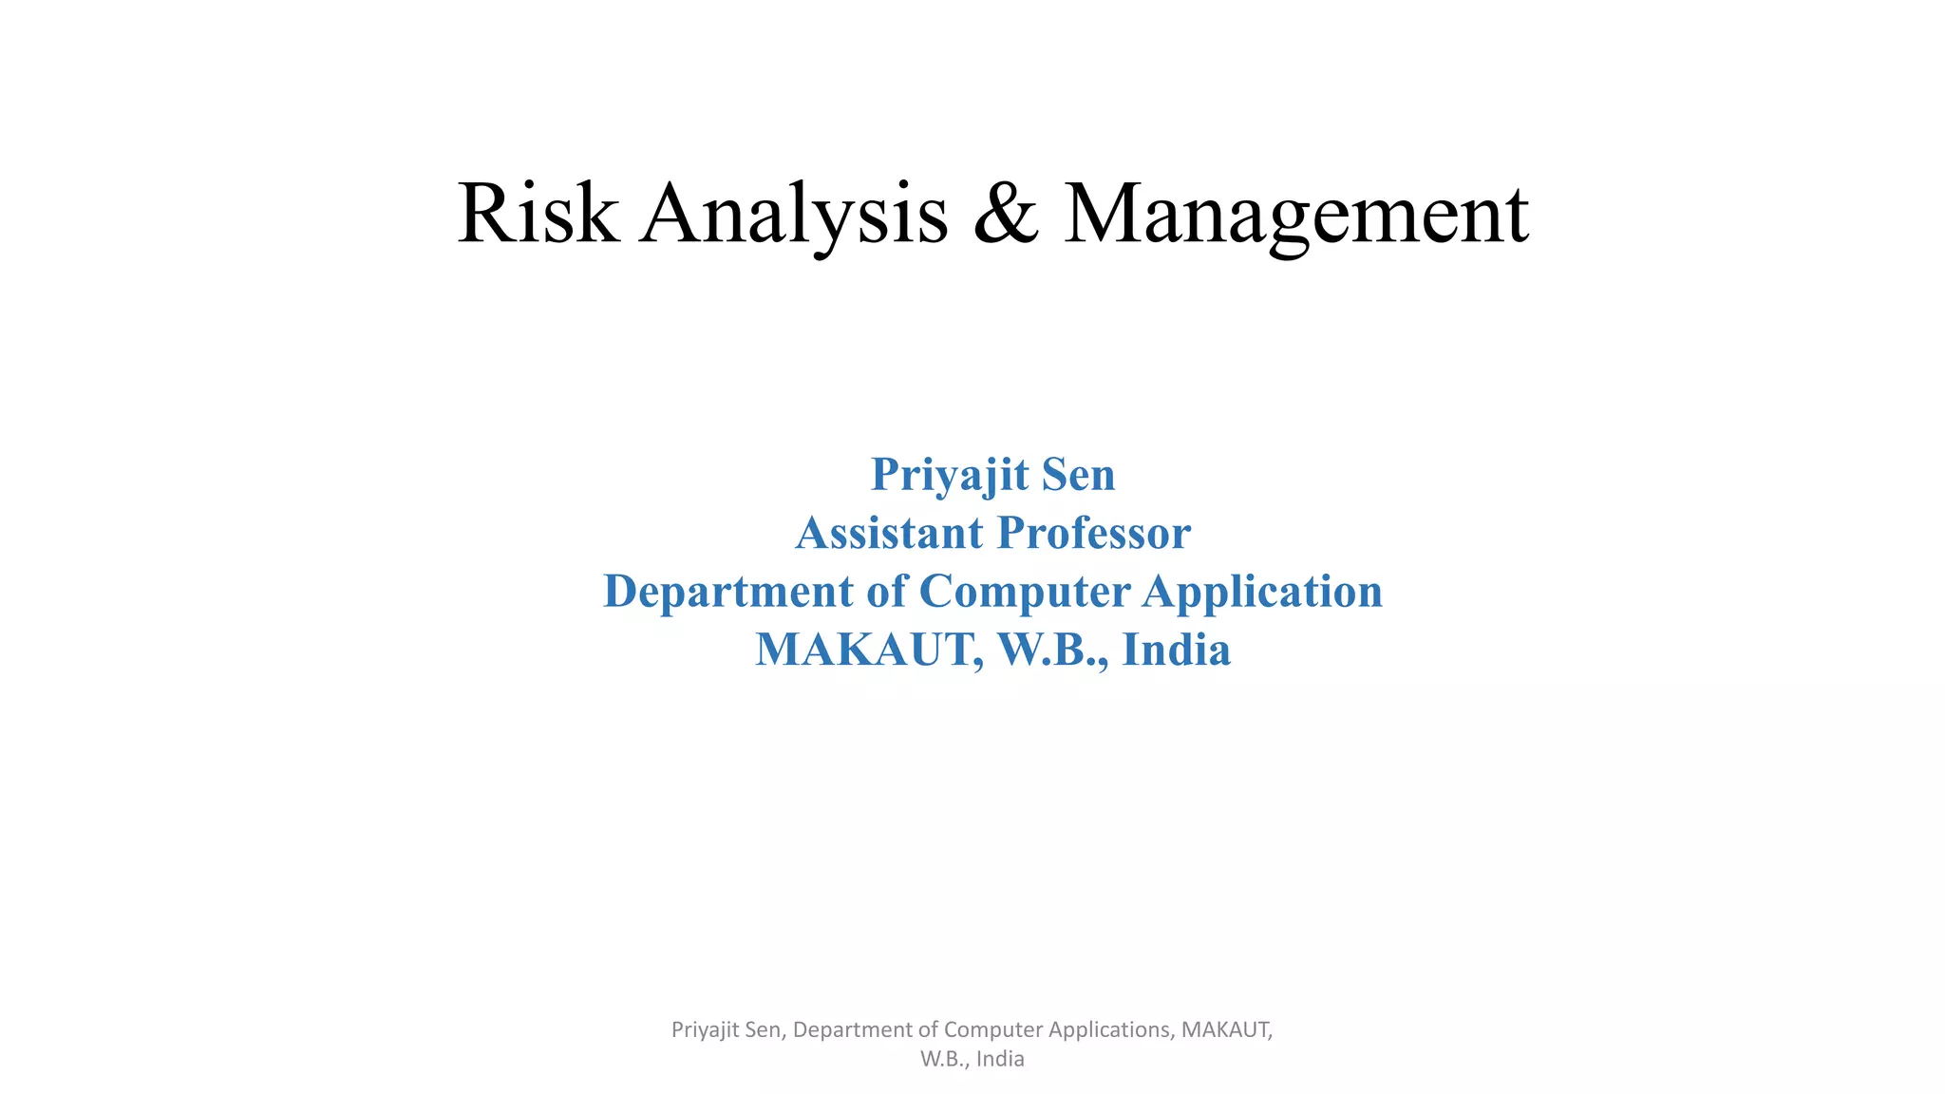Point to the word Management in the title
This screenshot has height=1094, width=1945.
(1295, 215)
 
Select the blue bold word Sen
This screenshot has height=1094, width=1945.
(1078, 474)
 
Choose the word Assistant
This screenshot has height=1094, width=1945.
(890, 532)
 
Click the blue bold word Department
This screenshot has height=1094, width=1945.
(728, 592)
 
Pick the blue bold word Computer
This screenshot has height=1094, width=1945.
(1025, 592)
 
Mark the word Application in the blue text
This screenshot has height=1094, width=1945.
(1262, 592)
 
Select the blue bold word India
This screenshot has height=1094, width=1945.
(1176, 650)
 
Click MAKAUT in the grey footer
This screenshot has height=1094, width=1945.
(1226, 1029)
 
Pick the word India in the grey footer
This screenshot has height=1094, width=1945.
(1000, 1059)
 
